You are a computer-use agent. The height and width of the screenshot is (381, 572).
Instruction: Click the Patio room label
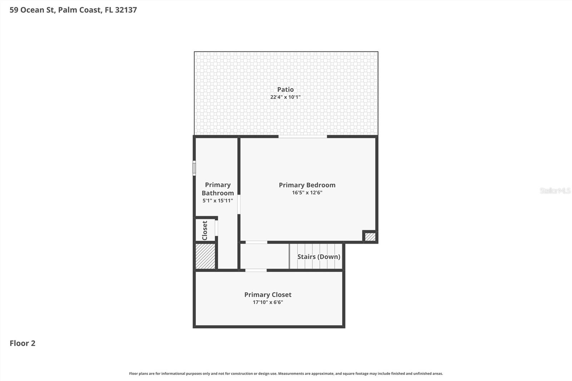tap(285, 89)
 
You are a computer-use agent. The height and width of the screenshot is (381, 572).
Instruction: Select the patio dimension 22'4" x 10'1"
tap(285, 97)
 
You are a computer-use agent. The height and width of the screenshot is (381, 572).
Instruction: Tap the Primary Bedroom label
tap(307, 185)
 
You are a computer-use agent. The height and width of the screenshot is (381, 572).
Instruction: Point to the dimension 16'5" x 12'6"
tap(307, 193)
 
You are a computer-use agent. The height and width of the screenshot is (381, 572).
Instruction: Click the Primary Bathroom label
tap(218, 189)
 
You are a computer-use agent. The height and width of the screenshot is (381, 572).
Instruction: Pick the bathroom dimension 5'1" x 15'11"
tap(218, 201)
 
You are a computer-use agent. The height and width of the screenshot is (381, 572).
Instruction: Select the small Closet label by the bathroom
tap(205, 230)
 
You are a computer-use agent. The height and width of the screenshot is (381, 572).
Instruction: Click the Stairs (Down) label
tap(319, 257)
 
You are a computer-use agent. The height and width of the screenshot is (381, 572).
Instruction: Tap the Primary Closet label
tap(268, 295)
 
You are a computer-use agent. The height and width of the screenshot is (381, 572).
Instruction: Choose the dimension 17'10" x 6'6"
tap(268, 302)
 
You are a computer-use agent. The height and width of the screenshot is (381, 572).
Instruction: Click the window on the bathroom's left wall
tap(194, 168)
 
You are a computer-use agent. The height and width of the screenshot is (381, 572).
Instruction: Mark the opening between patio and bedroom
tap(302, 136)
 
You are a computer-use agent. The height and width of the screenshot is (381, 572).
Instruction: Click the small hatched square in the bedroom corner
tap(370, 237)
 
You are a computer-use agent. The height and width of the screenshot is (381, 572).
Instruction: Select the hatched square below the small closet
tap(205, 256)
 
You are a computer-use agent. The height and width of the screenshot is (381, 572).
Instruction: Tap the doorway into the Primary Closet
tap(256, 270)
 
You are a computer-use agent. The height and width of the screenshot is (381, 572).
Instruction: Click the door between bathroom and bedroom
tap(239, 204)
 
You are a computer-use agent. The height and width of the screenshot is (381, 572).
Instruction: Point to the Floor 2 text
tap(23, 343)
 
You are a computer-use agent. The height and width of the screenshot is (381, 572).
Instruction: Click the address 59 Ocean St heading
tap(73, 10)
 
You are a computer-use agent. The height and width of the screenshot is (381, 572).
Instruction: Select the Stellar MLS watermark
tap(555, 190)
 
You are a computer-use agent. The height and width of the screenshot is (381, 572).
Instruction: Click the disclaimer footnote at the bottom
tap(286, 373)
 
